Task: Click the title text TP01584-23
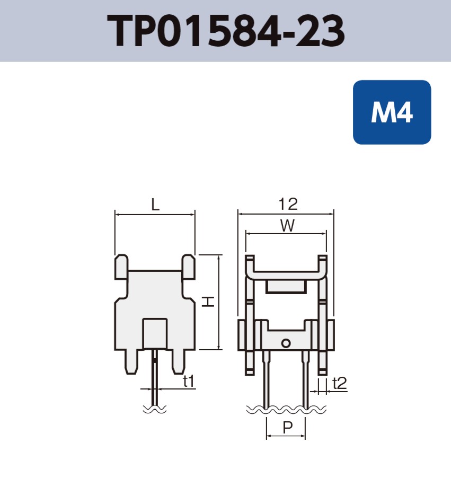coord(226,31)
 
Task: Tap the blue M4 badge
coord(392,112)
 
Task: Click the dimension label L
coord(155,205)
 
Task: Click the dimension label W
coord(287,226)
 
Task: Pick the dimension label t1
coord(188,380)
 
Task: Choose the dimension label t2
coord(339,383)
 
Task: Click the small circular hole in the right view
coord(286,343)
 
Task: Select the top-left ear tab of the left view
coord(121,267)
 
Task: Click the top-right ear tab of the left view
coord(188,267)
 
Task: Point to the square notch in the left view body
coord(155,333)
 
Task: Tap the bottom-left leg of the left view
coord(132,362)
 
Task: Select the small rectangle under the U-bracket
coord(286,287)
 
